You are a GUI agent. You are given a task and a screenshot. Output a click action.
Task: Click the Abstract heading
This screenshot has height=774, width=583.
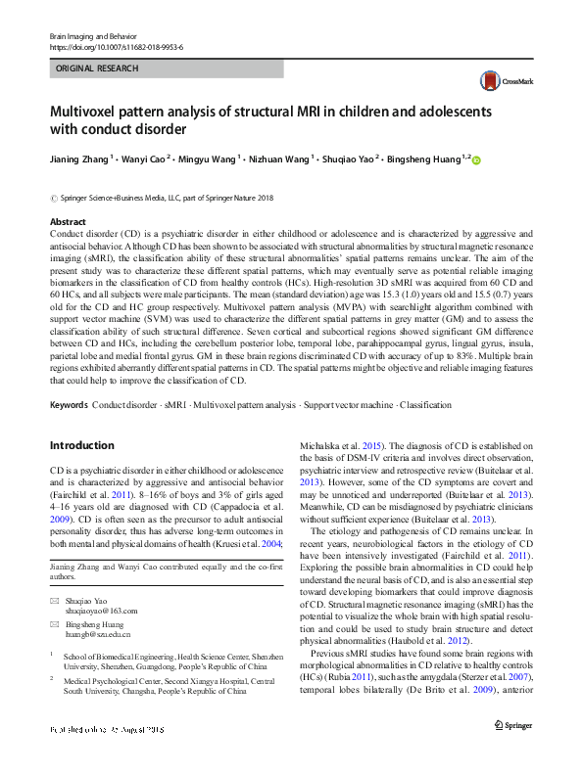coord(68,223)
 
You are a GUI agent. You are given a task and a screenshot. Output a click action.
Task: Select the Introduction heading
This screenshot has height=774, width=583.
coord(81,445)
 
